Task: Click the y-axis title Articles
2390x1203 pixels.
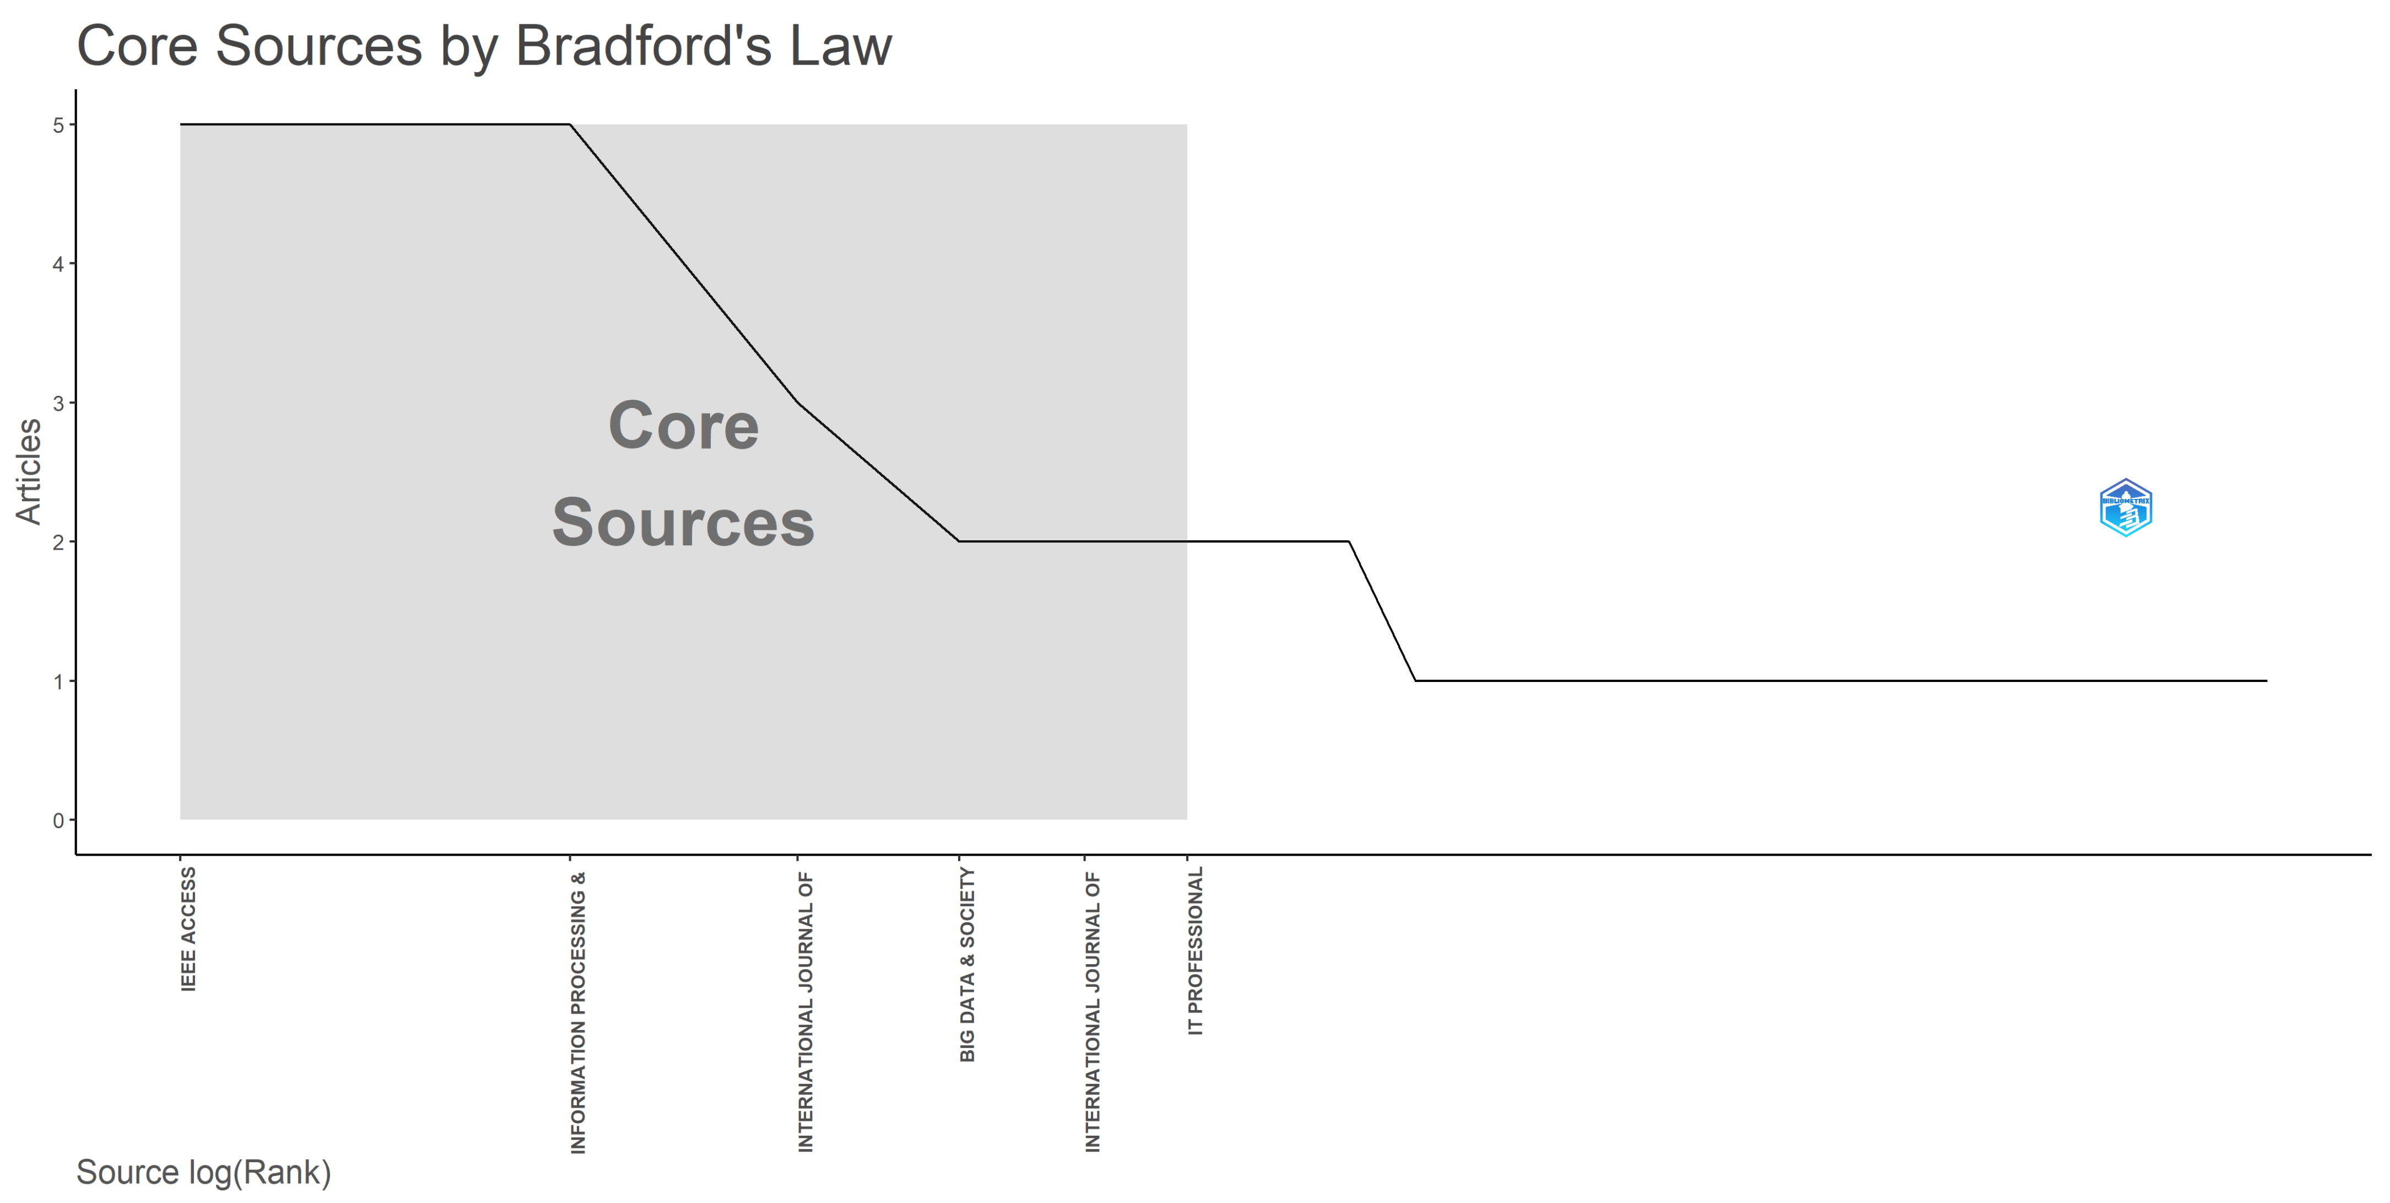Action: (x=29, y=471)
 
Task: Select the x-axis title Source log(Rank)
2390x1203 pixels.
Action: (x=203, y=1172)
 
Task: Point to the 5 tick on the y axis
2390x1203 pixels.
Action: (x=58, y=125)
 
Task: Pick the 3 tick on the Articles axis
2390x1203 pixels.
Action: (x=58, y=404)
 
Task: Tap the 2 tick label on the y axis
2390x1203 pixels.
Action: (x=58, y=542)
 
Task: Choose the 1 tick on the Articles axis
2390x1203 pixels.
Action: (x=58, y=681)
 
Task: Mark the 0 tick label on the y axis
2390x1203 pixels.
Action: (x=58, y=820)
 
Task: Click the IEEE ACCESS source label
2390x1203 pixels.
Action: (x=188, y=929)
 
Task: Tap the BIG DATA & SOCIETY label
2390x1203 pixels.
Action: (x=967, y=964)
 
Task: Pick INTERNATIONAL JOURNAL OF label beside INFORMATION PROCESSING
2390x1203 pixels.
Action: (x=805, y=1012)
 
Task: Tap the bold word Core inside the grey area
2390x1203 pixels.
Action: (x=684, y=426)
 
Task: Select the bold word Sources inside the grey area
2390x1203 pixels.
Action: (x=684, y=523)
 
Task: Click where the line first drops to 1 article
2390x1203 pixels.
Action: (x=1415, y=680)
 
